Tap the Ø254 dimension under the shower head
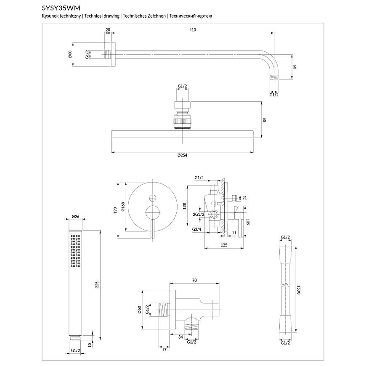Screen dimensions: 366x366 182,155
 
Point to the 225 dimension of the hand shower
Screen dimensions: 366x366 97,285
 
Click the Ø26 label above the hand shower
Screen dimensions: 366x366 76,217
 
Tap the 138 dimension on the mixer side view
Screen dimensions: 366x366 184,206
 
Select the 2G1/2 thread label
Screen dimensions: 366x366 199,215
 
